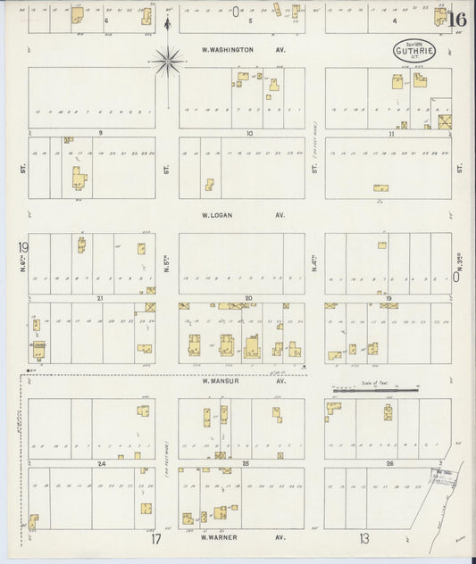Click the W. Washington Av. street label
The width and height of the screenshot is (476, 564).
coord(241,50)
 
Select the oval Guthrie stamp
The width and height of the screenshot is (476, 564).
coord(413,51)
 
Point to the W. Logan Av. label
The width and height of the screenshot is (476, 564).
coord(241,215)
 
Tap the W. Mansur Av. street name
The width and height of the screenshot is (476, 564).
coord(242,380)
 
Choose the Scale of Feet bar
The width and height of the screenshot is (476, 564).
coord(375,390)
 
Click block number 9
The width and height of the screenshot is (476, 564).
coord(101,132)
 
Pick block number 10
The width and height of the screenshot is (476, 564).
coord(250,132)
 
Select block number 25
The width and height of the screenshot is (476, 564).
coord(246,463)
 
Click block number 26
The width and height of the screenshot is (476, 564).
coord(390,463)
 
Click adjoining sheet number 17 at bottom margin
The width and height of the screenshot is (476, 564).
coord(155,539)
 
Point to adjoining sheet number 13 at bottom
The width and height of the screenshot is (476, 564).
coord(363,538)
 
